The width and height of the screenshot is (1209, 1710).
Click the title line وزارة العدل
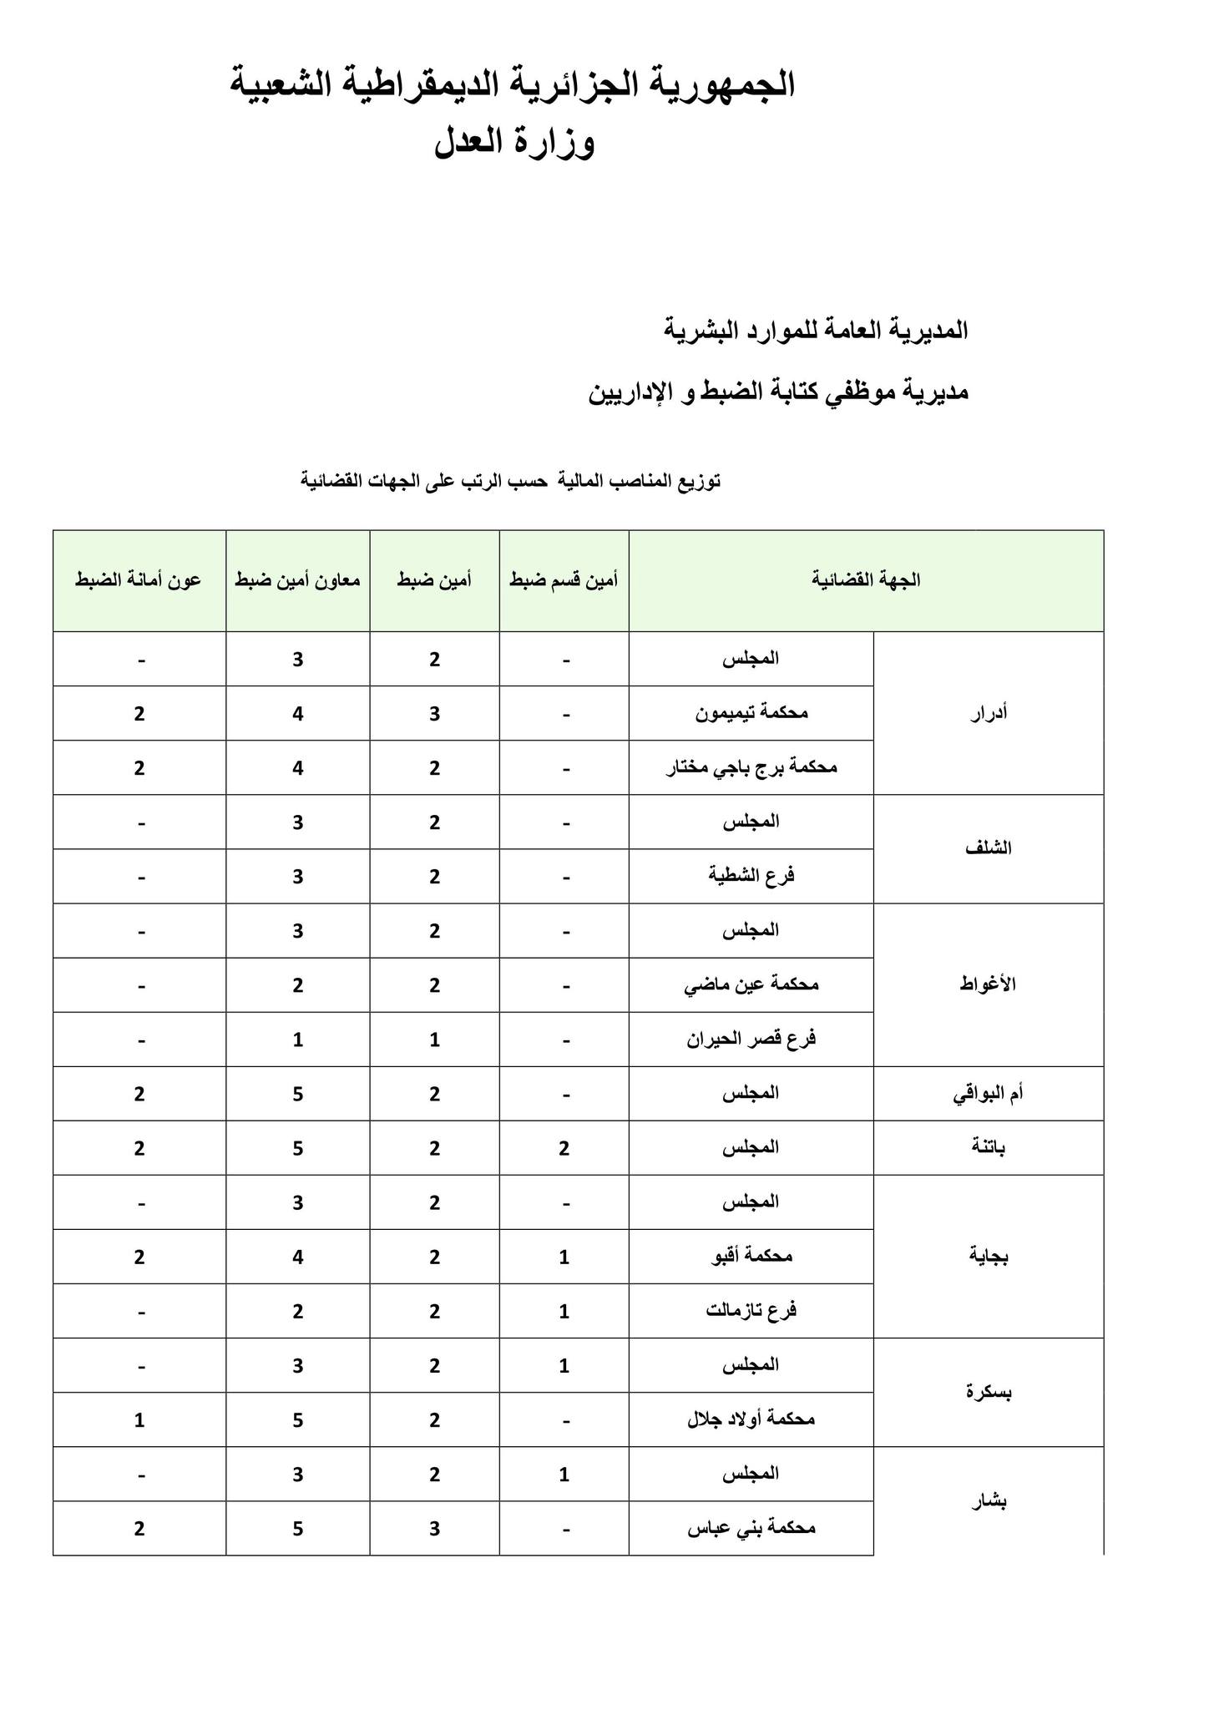coord(514,143)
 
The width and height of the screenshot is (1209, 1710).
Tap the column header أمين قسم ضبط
coord(564,580)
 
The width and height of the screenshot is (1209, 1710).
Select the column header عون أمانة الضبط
coord(139,580)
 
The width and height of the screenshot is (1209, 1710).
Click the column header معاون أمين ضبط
coord(298,580)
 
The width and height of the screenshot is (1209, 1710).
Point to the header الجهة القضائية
coord(866,580)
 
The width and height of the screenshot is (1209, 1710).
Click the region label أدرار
coord(989,713)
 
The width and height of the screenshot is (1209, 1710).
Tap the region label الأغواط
coord(989,984)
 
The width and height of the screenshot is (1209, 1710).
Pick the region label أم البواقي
coord(989,1094)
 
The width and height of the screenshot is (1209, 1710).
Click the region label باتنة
coord(989,1147)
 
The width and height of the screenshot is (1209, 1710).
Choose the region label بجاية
coord(989,1256)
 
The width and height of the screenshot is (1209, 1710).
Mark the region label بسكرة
coord(989,1392)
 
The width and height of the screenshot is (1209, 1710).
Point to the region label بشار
coord(990,1501)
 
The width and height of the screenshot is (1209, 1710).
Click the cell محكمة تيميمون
coord(751,713)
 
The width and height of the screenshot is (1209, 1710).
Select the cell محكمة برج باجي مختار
coord(751,767)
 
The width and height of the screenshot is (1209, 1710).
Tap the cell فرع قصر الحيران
coord(751,1040)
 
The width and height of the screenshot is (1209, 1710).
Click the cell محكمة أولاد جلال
coord(751,1419)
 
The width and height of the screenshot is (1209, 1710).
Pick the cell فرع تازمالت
coord(751,1311)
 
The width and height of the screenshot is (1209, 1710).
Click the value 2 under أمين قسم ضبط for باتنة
coord(564,1148)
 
